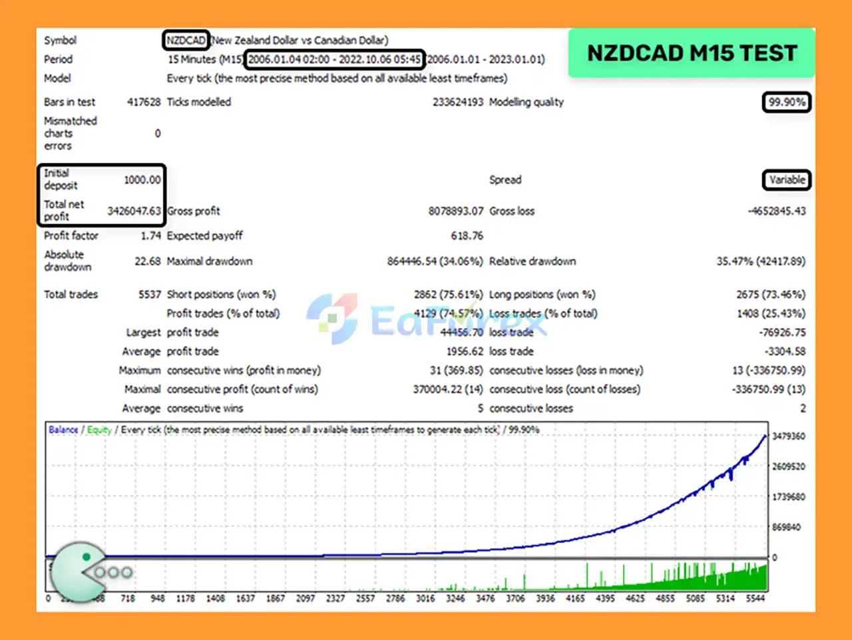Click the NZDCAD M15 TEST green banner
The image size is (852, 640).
(x=692, y=53)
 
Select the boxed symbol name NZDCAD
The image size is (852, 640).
(x=186, y=40)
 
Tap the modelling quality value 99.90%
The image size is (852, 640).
(x=786, y=102)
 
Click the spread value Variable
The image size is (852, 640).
(x=787, y=180)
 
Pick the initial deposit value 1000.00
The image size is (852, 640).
(x=142, y=180)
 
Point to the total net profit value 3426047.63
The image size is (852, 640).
(x=134, y=211)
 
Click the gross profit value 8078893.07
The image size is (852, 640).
(x=455, y=211)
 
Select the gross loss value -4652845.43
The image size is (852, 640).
(x=776, y=211)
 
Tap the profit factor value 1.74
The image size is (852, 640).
(x=150, y=236)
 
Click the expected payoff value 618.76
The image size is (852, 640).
(x=467, y=236)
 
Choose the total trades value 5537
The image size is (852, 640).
(x=149, y=294)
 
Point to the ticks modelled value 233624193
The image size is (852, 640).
(x=457, y=102)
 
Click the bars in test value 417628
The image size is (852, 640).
(x=144, y=102)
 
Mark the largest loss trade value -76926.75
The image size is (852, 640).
(x=782, y=332)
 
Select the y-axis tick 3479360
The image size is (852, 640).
(x=788, y=436)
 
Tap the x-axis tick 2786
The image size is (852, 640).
(x=395, y=599)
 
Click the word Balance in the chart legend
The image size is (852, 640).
(x=63, y=430)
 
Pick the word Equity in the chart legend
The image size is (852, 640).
(x=99, y=430)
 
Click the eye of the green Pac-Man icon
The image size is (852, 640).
(x=86, y=557)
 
